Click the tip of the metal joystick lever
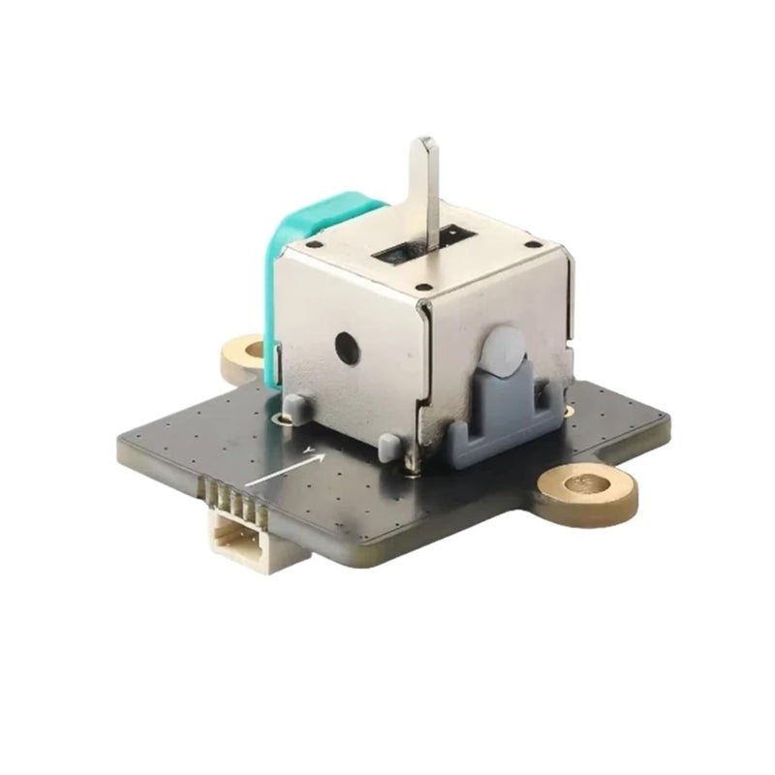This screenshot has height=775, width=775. coord(423,146)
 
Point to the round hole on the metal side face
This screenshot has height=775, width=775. coord(344,344)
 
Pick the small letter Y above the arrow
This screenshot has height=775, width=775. coord(307,449)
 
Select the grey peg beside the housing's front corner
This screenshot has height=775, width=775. coord(389,447)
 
